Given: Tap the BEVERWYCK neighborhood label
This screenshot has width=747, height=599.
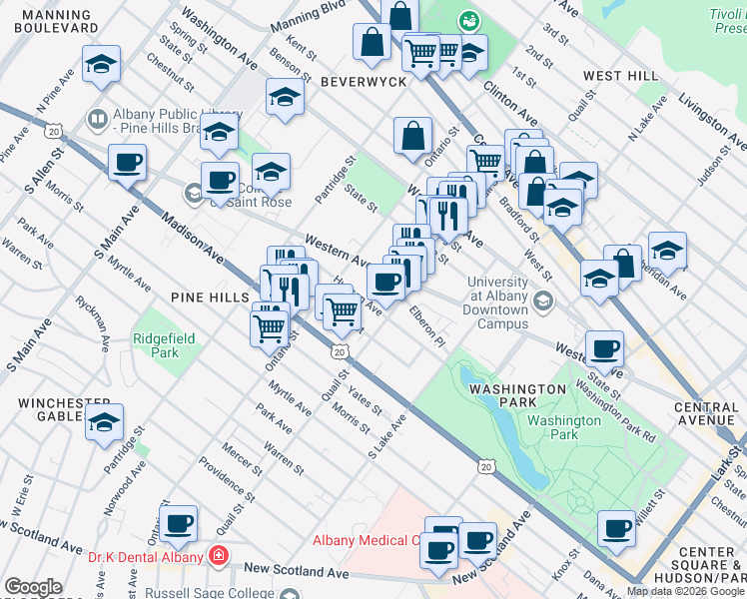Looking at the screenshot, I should click(x=364, y=82).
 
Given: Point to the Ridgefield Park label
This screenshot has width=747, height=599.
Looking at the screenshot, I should click(x=156, y=345).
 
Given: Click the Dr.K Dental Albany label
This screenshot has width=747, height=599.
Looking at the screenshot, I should click(x=146, y=557).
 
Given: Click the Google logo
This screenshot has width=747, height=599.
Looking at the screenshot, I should click(x=32, y=588).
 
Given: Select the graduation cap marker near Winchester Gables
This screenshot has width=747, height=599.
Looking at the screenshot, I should click(x=104, y=422).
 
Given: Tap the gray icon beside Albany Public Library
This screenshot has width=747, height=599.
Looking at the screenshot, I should click(x=98, y=121).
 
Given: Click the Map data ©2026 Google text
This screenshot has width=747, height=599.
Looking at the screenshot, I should click(x=685, y=591).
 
